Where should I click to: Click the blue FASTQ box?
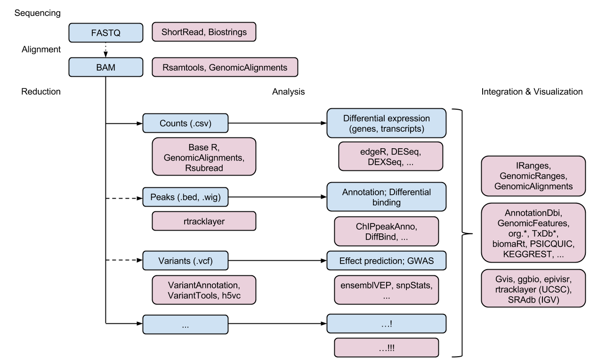[105, 33]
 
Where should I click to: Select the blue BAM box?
[105, 67]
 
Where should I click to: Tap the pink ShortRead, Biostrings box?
[204, 32]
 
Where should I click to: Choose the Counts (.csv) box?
[185, 123]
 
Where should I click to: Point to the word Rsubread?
[204, 167]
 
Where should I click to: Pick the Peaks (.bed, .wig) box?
[185, 197]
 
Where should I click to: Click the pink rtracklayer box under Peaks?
[204, 221]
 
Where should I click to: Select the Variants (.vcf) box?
[185, 260]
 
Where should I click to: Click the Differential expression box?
[386, 123]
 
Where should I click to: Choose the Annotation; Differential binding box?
[386, 197]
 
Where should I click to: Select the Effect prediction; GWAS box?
[386, 260]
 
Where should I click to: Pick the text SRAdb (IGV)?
[533, 299]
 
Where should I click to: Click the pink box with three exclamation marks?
[386, 348]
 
